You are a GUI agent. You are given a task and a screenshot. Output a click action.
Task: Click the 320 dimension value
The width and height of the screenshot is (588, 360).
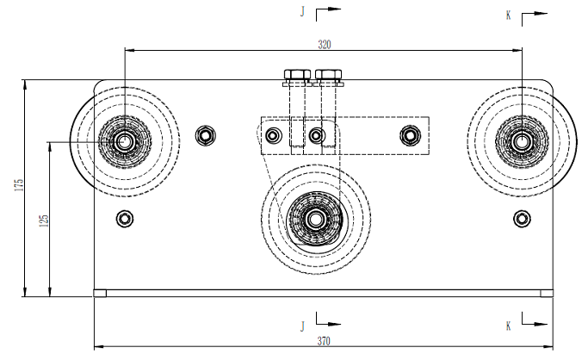point(325,43)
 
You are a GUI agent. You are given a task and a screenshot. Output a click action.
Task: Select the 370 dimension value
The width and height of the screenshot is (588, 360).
point(324,341)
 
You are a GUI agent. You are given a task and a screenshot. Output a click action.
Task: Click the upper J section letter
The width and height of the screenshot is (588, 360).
point(302,12)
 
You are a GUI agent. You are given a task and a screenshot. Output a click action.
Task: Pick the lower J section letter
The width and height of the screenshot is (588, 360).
point(302,326)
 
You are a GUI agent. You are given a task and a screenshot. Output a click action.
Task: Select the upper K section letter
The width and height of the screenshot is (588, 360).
point(509,16)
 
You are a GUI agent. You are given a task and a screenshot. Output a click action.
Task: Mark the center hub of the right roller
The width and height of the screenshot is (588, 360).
point(522,139)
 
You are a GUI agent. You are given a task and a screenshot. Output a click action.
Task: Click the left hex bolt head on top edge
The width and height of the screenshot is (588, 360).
point(297,75)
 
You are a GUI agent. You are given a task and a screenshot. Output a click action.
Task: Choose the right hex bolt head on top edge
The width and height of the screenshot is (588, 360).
point(330,75)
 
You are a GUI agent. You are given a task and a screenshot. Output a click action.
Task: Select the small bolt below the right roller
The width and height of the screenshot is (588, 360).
point(522,217)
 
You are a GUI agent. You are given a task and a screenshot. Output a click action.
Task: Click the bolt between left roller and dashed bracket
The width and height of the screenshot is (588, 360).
point(205,135)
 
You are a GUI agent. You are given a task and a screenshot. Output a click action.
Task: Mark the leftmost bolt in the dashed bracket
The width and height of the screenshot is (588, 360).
point(274,135)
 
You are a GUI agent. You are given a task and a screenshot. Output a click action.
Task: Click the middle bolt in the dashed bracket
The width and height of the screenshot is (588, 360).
point(316,135)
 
